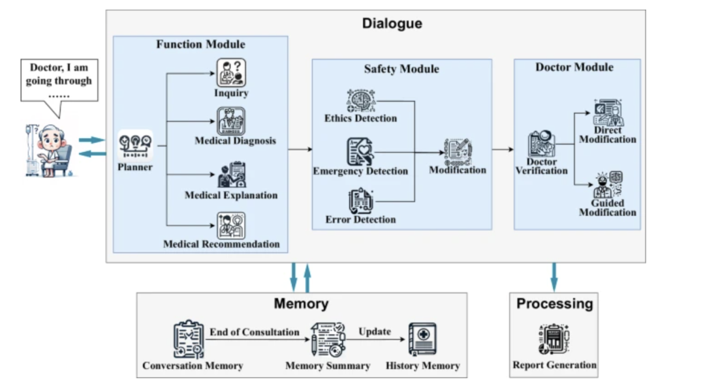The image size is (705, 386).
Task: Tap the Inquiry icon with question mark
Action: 231,72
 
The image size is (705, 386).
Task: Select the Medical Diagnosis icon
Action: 231,121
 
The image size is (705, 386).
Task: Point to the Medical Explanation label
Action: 231,195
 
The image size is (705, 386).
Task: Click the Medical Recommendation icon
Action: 231,225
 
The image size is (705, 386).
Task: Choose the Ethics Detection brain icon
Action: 360,100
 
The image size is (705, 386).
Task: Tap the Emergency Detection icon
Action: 360,151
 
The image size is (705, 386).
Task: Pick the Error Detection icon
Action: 360,201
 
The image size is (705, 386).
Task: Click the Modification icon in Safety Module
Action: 458,151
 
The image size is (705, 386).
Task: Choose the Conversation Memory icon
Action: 189,339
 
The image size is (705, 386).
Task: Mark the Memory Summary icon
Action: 328,340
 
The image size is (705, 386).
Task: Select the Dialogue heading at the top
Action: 392,23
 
